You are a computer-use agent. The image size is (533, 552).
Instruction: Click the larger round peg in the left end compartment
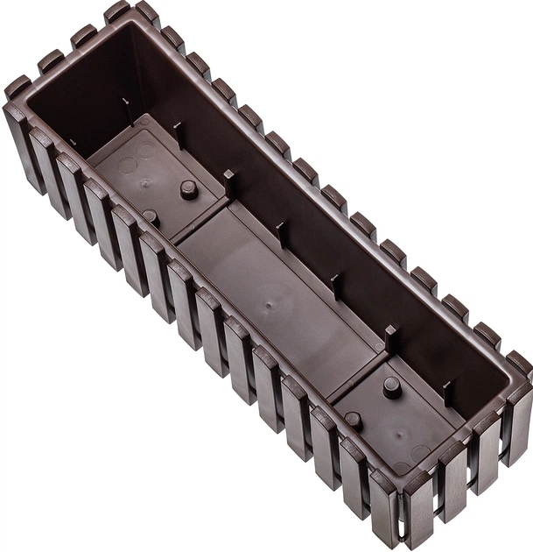[187, 189]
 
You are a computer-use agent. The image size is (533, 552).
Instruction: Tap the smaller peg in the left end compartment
[151, 216]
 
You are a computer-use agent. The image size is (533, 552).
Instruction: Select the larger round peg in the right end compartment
[391, 386]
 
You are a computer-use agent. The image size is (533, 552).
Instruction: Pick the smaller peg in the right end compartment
[353, 420]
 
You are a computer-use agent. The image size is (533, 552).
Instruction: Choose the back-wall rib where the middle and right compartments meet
[389, 337]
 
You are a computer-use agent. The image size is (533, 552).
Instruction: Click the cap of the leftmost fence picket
[17, 88]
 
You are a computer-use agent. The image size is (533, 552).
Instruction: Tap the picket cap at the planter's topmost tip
[116, 11]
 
